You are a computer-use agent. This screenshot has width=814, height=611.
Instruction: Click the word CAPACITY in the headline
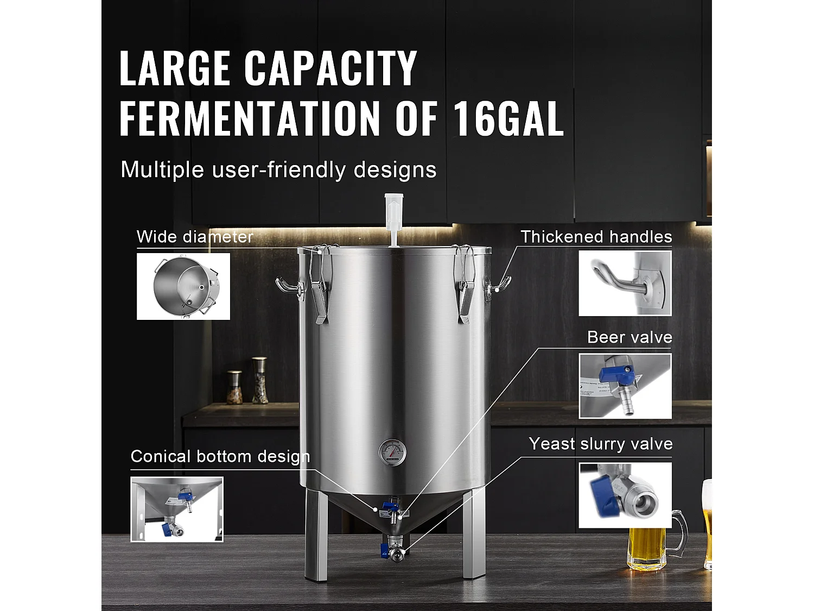pos(330,68)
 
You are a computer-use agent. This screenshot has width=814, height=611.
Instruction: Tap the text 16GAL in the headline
pos(508,118)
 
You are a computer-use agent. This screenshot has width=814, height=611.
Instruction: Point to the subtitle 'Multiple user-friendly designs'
pos(278,169)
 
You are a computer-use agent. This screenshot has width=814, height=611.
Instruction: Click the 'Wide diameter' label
pos(195,237)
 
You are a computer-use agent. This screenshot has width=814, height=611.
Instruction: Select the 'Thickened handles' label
pos(596,237)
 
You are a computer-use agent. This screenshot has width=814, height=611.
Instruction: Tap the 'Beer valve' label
pos(629,337)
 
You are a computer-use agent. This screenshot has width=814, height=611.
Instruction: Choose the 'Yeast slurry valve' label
pos(601,444)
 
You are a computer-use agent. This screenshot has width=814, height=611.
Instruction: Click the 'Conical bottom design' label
pos(220,456)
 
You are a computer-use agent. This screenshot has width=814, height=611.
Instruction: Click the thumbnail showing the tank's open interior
pos(183,286)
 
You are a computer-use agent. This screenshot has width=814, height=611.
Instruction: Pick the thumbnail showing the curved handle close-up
pos(625,283)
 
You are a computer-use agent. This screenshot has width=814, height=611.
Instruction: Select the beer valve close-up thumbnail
pos(625,386)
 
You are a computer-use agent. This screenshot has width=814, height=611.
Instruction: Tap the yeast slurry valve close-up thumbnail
pos(625,495)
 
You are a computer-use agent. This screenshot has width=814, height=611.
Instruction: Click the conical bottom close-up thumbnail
pos(177,509)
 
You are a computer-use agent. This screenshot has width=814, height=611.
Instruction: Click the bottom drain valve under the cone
pos(394,553)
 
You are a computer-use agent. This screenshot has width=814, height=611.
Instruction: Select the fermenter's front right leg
pos(474,535)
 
